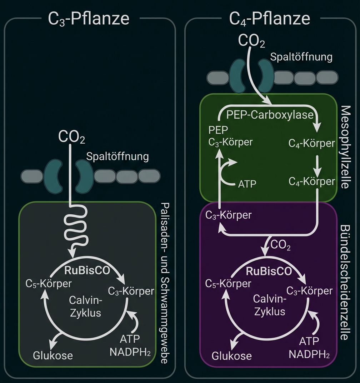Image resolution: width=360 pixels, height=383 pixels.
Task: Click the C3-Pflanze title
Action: [89, 19]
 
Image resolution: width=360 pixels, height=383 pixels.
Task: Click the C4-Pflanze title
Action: [270, 19]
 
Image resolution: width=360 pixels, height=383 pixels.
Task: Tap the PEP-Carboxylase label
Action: [270, 115]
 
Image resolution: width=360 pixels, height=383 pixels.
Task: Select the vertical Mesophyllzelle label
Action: [345, 147]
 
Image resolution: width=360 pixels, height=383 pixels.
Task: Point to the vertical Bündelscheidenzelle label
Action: [345, 282]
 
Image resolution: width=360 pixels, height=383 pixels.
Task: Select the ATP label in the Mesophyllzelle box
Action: [247, 184]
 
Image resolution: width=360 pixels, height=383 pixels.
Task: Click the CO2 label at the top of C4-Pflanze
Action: [252, 41]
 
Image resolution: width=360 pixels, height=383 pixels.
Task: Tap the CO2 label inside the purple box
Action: [281, 246]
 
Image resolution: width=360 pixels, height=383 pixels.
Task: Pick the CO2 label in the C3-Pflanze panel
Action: [72, 137]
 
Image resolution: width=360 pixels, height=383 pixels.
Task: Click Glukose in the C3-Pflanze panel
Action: [53, 355]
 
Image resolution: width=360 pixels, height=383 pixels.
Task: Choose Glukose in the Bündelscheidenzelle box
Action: [232, 356]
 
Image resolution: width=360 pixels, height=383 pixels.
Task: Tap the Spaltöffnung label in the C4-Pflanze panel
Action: [301, 57]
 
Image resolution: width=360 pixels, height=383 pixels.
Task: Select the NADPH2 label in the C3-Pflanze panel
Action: [130, 352]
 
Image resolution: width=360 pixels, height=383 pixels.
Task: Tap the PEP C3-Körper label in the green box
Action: [230, 135]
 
